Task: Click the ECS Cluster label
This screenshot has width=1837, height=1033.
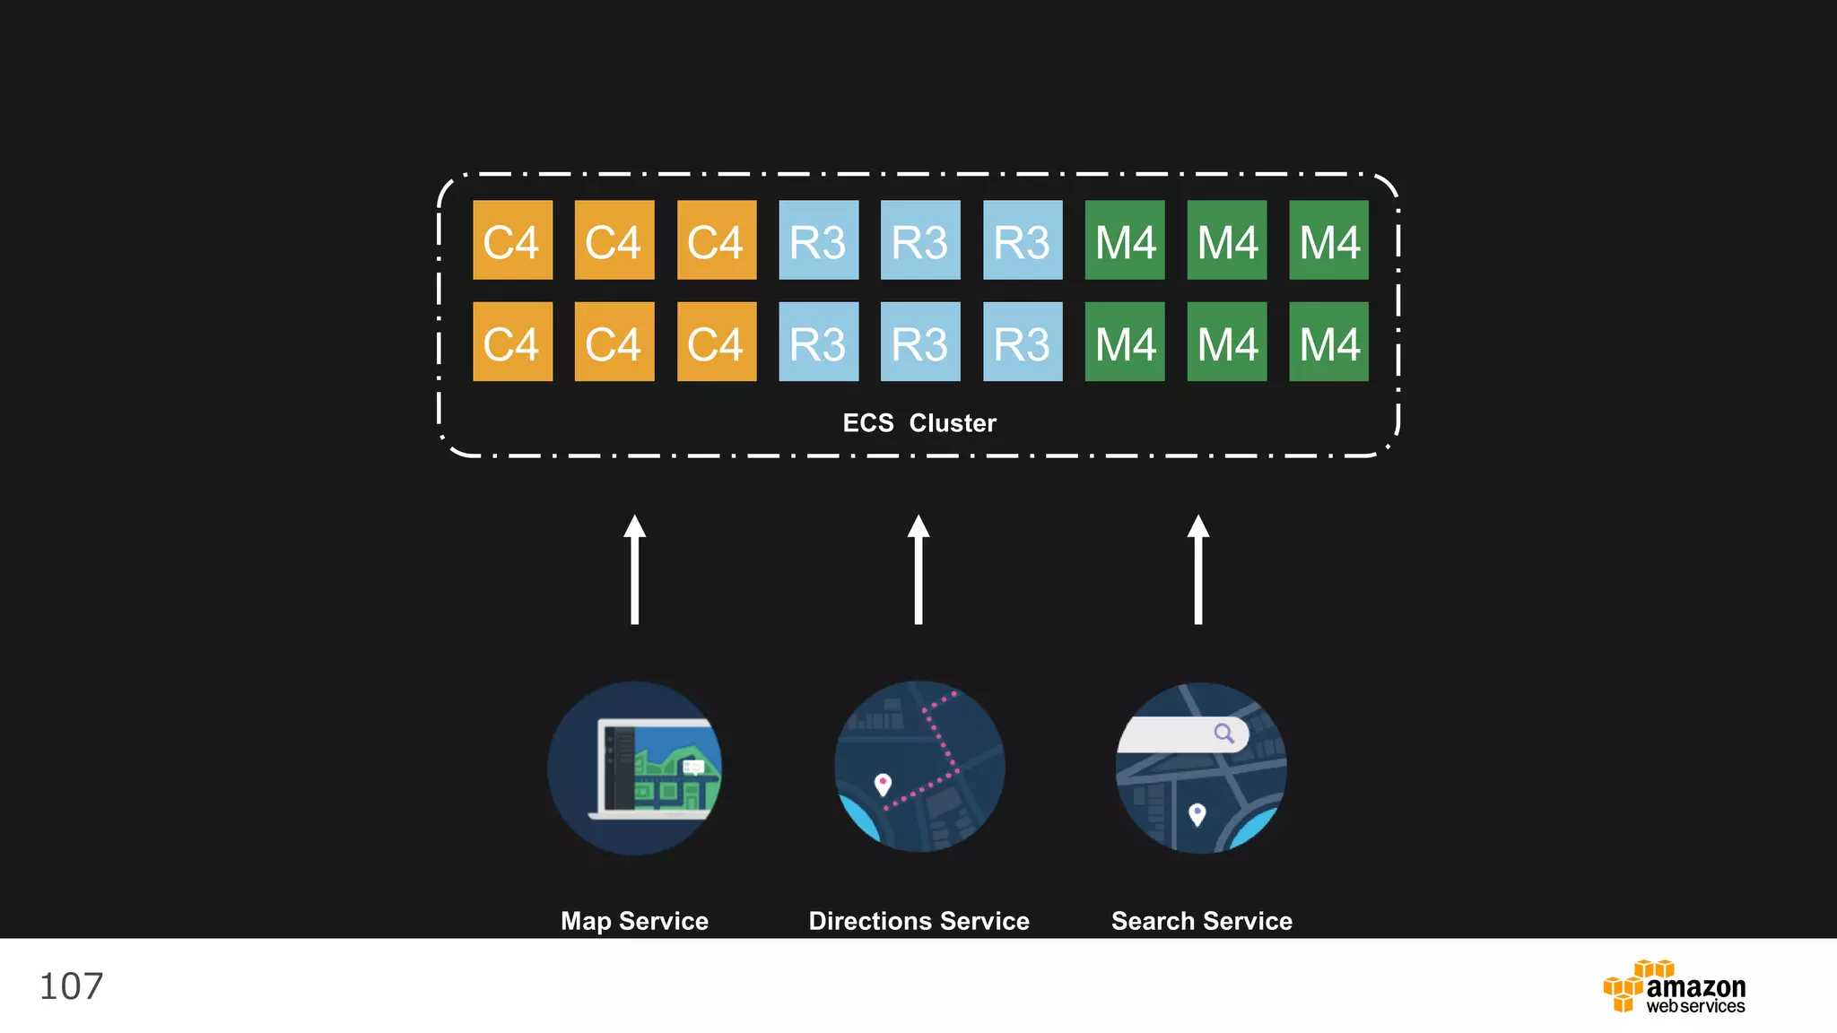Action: pos(918,422)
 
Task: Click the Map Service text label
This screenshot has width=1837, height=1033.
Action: pos(634,921)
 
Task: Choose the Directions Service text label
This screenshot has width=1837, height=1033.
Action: pos(918,921)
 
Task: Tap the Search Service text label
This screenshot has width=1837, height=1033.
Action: pos(1201,921)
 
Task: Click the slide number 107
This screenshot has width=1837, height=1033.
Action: pos(71,986)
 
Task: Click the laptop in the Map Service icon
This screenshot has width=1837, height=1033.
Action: pos(655,769)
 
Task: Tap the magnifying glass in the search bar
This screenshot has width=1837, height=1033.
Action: pos(1224,734)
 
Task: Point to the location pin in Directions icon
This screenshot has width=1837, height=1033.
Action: pos(883,784)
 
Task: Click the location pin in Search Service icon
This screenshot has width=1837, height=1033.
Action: pos(1197,814)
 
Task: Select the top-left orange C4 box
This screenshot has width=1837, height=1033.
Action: pos(512,240)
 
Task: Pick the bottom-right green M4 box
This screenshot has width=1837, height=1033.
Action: pos(1328,342)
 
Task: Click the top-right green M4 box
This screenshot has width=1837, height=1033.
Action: pos(1328,240)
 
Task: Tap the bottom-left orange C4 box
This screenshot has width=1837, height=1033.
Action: pos(512,342)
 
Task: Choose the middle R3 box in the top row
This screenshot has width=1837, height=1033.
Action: pos(920,240)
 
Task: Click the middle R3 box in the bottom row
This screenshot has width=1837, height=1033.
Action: pos(920,342)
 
